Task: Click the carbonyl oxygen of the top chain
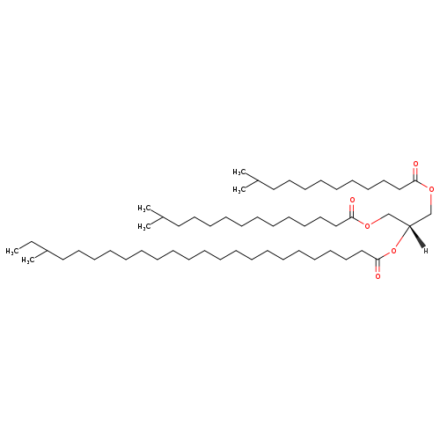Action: pyautogui.click(x=415, y=164)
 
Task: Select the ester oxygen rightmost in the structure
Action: pyautogui.click(x=431, y=189)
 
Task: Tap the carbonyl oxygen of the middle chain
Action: pyautogui.click(x=352, y=200)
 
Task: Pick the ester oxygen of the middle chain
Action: pyautogui.click(x=367, y=226)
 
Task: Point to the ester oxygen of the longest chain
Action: pyautogui.click(x=393, y=251)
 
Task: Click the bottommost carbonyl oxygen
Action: pyautogui.click(x=378, y=276)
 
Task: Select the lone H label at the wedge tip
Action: pyautogui.click(x=426, y=251)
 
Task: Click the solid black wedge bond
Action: pyautogui.click(x=416, y=236)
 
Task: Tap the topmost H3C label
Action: pyautogui.click(x=239, y=172)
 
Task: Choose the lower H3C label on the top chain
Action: pyautogui.click(x=239, y=190)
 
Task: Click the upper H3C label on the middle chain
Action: pyautogui.click(x=144, y=209)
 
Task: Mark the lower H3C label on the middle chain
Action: pyautogui.click(x=144, y=227)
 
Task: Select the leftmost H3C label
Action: pyautogui.click(x=12, y=251)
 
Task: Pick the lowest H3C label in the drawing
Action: pyautogui.click(x=28, y=260)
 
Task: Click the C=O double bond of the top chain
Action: pyautogui.click(x=415, y=174)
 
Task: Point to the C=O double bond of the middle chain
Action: pyautogui.click(x=352, y=210)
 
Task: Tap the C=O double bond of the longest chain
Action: pyautogui.click(x=378, y=266)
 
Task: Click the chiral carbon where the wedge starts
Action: pyautogui.click(x=409, y=226)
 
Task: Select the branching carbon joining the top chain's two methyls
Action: pyautogui.click(x=258, y=180)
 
